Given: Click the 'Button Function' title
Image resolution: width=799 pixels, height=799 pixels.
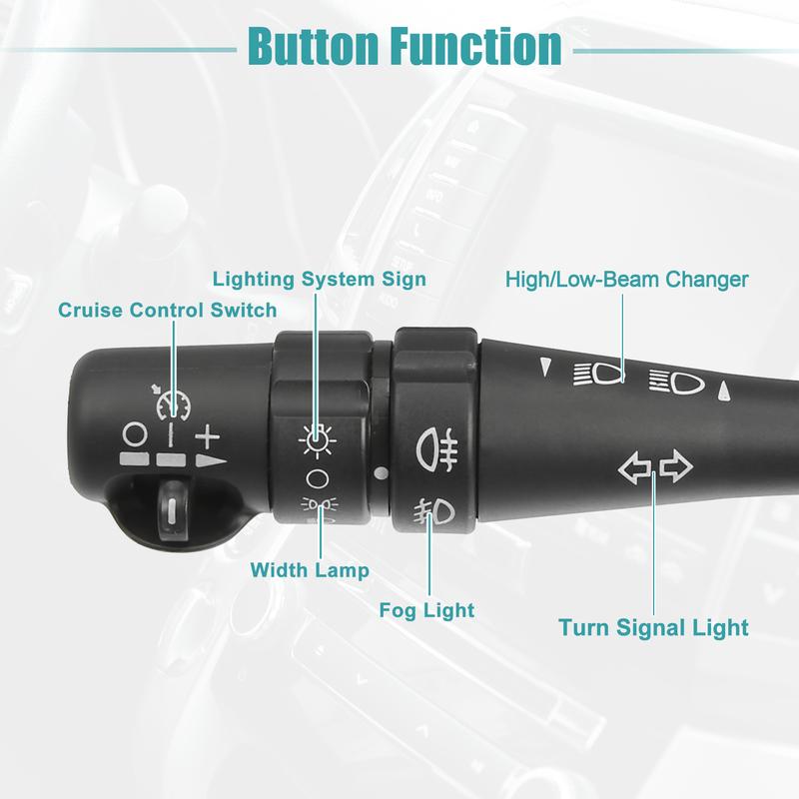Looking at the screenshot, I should point(403,46).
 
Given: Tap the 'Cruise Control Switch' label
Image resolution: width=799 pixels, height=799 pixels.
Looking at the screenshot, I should point(167,311).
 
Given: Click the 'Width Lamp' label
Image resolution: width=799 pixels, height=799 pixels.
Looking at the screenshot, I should point(310,571).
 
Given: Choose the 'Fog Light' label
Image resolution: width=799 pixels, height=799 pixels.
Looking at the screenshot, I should point(426,609).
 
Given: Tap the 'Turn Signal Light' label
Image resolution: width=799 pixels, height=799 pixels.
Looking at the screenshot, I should point(653,628).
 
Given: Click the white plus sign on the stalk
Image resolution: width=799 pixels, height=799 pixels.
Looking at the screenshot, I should point(207,436).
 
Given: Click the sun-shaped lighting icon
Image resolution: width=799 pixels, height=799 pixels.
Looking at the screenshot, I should point(317,436).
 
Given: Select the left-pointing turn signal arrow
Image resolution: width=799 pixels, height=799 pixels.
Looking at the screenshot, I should point(634,467).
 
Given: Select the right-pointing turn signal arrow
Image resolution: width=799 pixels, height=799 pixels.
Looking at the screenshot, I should point(675,467).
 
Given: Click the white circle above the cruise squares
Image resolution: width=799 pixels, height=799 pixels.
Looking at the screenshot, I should point(135,435).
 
